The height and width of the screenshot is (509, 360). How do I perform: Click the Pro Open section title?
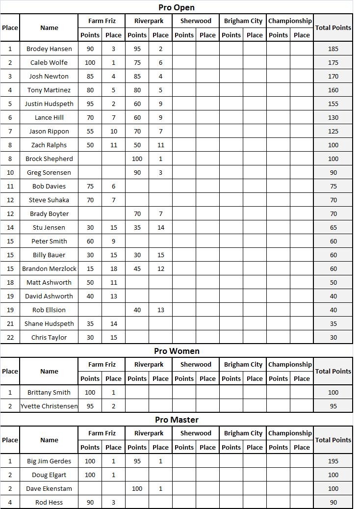click(x=177, y=7)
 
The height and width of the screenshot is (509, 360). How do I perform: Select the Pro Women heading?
click(x=177, y=351)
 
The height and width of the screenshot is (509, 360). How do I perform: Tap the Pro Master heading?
click(x=177, y=420)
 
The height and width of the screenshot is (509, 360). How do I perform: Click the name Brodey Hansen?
click(x=49, y=49)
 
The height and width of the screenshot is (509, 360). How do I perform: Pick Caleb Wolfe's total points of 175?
click(x=333, y=62)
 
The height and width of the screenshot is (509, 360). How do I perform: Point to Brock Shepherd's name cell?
click(x=49, y=159)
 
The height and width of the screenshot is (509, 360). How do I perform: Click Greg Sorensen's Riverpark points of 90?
click(x=137, y=172)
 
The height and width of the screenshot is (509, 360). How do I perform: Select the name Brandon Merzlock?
click(x=49, y=268)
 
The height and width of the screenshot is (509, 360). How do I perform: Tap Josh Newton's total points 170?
click(x=333, y=76)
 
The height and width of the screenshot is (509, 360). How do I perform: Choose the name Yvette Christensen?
click(x=49, y=406)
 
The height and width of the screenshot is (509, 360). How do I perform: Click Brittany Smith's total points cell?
click(x=333, y=392)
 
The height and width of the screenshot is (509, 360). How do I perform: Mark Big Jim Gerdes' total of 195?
click(x=333, y=461)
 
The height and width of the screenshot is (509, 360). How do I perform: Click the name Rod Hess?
click(x=49, y=502)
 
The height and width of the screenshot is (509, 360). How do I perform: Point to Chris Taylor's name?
click(x=49, y=337)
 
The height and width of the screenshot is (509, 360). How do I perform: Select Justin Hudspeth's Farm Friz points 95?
click(x=90, y=104)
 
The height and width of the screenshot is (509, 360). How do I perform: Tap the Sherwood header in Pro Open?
click(x=196, y=21)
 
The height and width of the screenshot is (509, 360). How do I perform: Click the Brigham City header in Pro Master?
click(x=243, y=433)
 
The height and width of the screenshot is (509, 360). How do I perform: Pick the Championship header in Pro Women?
click(x=290, y=365)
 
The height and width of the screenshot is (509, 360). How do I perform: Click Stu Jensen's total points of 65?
click(x=333, y=227)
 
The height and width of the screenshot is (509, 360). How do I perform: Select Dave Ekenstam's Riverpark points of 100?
click(x=137, y=488)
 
